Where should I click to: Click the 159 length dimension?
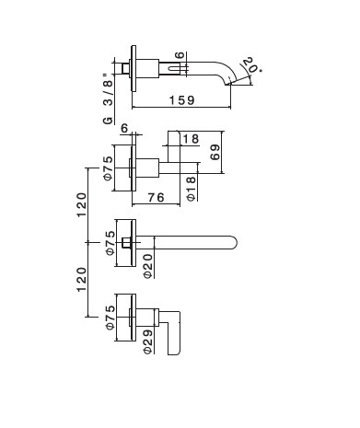coord(182,100)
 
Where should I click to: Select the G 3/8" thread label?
coord(109,98)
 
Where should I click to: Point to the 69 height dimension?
coord(215,152)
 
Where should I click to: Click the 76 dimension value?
coord(157,197)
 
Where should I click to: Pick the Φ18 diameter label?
coord(191,189)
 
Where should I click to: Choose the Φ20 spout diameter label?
coord(148,266)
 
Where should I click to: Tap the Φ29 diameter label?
coord(148,342)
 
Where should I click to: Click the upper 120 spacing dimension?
coord(82,204)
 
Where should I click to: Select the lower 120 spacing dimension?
coord(82,280)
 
